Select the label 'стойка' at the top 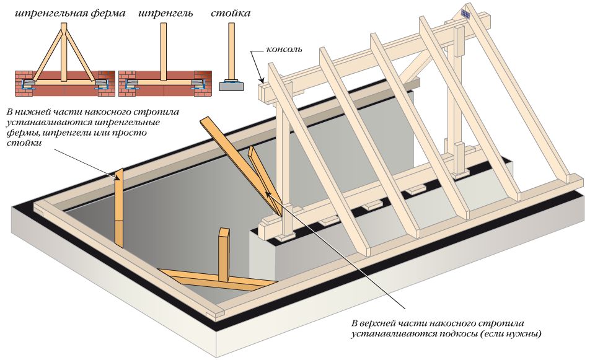(x=231, y=13)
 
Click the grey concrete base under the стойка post (x=231, y=86)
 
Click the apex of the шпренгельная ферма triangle (x=64, y=28)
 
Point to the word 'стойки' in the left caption (x=22, y=144)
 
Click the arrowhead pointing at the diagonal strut (x=269, y=194)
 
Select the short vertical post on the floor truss (x=223, y=254)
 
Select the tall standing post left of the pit (x=119, y=208)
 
